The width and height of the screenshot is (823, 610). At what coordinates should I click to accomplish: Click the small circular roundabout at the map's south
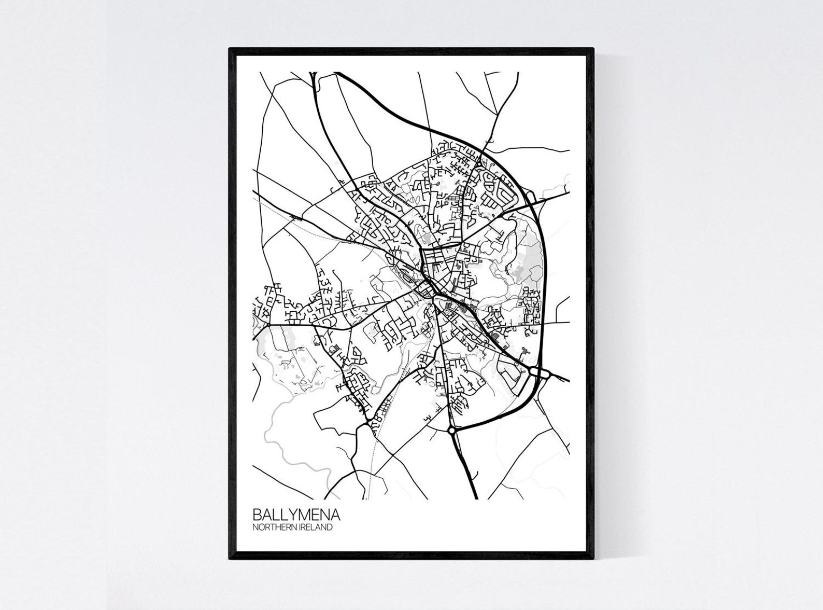pos(451,430)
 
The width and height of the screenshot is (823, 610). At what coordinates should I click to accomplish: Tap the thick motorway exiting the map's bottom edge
pos(471,477)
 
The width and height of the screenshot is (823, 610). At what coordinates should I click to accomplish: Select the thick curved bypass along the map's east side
pos(542,270)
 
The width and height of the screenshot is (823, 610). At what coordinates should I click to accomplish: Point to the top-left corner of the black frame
pos(231,50)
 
